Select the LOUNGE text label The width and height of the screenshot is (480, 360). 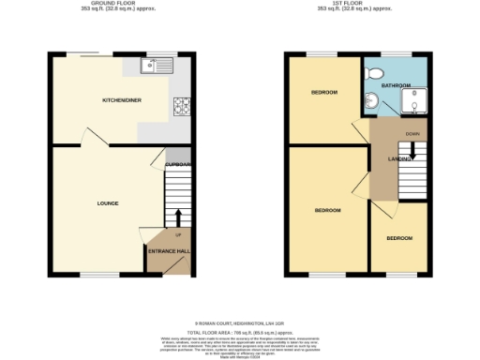pyautogui.click(x=107, y=202)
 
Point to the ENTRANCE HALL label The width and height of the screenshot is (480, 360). pyautogui.click(x=169, y=250)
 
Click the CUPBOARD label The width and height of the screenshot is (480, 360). pyautogui.click(x=178, y=165)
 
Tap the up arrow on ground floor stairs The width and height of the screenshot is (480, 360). pyautogui.click(x=179, y=217)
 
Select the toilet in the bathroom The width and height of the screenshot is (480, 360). pyautogui.click(x=374, y=72)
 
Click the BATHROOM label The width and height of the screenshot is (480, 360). pyautogui.click(x=397, y=85)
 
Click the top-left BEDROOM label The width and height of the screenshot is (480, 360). pyautogui.click(x=323, y=92)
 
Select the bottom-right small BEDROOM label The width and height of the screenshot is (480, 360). pyautogui.click(x=399, y=238)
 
